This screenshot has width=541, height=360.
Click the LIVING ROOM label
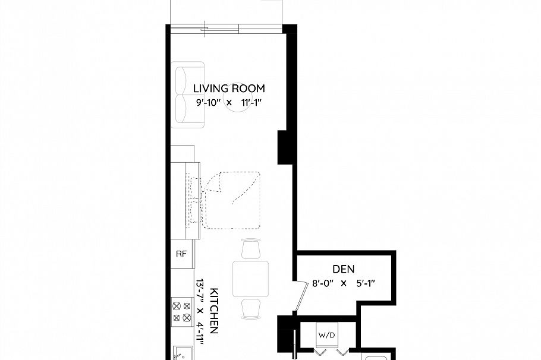pyautogui.click(x=229, y=89)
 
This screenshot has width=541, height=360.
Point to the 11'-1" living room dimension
pyautogui.click(x=253, y=103)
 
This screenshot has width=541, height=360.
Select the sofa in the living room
pyautogui.click(x=188, y=94)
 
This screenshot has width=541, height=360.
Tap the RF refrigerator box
pyautogui.click(x=181, y=254)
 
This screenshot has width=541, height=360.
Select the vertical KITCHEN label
pyautogui.click(x=216, y=312)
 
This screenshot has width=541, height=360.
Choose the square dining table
pyautogui.click(x=251, y=279)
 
